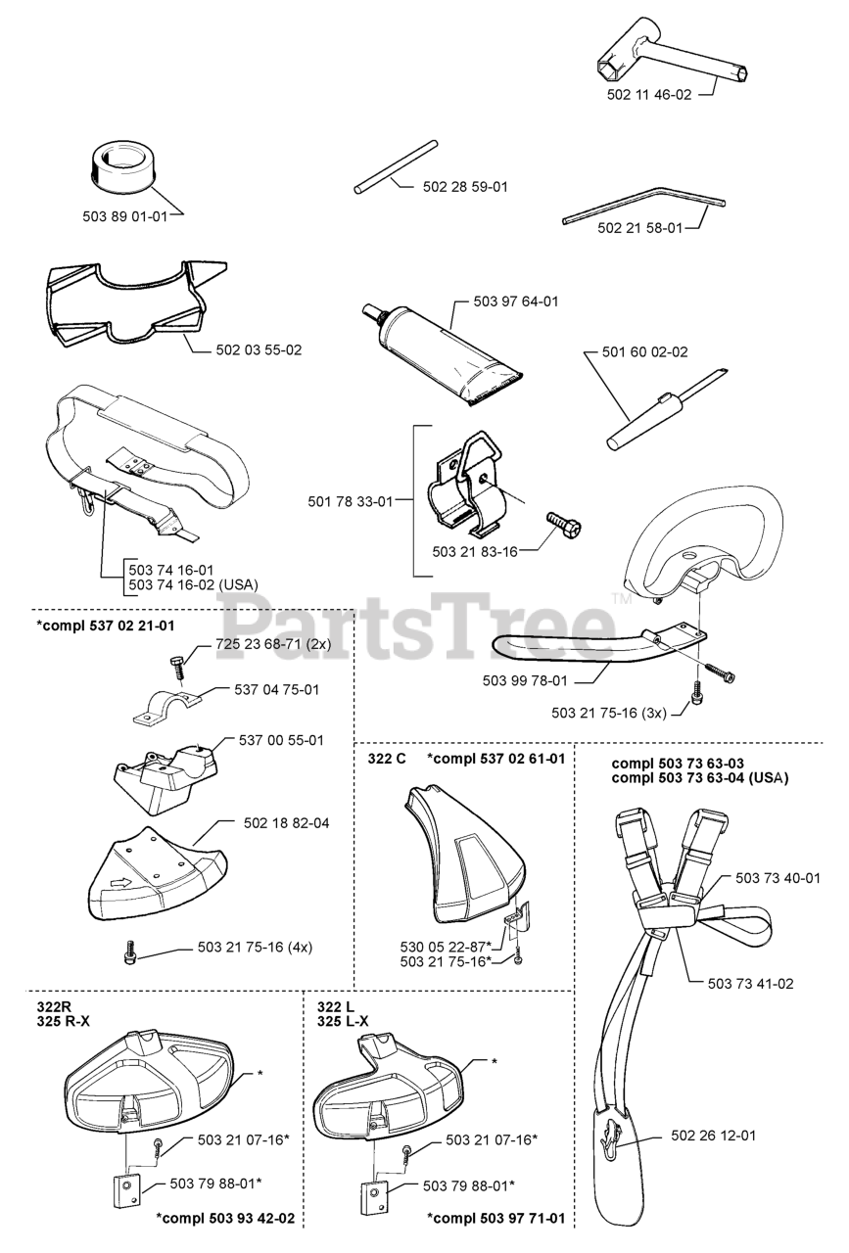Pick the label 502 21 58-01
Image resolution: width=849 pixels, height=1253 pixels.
tap(639, 227)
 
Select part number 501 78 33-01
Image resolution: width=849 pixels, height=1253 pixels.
tap(350, 502)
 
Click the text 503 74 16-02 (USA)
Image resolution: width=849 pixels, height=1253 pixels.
tap(193, 584)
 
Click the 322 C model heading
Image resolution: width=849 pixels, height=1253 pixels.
tap(387, 759)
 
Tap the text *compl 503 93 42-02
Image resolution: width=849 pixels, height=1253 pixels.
tap(225, 1219)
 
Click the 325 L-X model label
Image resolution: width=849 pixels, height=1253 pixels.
tap(343, 1021)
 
